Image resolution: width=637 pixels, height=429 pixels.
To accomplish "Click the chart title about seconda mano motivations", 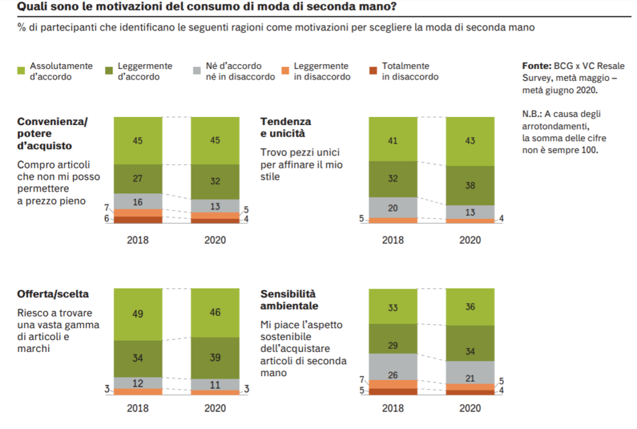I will (x=206, y=8).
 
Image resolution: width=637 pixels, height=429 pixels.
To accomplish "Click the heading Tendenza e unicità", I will (x=286, y=127).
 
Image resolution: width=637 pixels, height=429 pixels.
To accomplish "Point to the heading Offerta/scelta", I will (x=52, y=293).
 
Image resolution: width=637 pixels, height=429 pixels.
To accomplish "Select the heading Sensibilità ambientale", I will (x=289, y=300).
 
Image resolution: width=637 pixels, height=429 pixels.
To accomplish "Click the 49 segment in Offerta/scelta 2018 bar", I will (x=137, y=315).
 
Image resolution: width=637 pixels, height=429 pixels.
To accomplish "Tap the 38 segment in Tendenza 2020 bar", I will (x=470, y=185).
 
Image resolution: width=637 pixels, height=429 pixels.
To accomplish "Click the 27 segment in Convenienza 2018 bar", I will (x=137, y=178).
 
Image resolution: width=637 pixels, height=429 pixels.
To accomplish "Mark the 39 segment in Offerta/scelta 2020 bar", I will (x=215, y=357).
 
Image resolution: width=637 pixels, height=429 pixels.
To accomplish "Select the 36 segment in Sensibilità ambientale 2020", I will (x=470, y=307).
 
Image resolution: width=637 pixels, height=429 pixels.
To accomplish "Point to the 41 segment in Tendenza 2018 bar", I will (x=393, y=139).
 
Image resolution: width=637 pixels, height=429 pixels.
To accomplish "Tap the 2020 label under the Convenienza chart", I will (x=215, y=240).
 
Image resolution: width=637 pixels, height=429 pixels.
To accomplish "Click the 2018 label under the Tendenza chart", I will (x=393, y=240).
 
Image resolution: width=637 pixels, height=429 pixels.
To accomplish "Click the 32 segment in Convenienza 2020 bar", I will (x=215, y=182).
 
